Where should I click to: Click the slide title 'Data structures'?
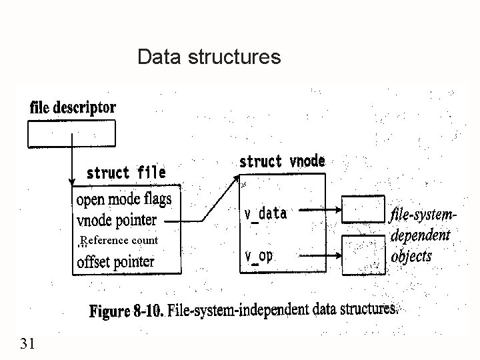coord(209,57)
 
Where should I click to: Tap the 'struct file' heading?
coord(126,173)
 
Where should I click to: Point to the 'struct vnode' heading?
coord(282,161)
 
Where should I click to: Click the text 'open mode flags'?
coord(124,199)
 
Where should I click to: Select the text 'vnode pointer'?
coord(117,220)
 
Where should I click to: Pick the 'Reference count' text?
coord(119,240)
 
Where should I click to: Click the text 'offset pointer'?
coord(116,261)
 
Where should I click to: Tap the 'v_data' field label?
coord(265,213)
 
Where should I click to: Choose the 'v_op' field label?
coord(259,256)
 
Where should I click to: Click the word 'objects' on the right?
coord(411,255)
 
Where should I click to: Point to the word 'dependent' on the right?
coord(420,235)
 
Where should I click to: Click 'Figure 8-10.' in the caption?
coord(126,311)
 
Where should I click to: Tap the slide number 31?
coord(28,344)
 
